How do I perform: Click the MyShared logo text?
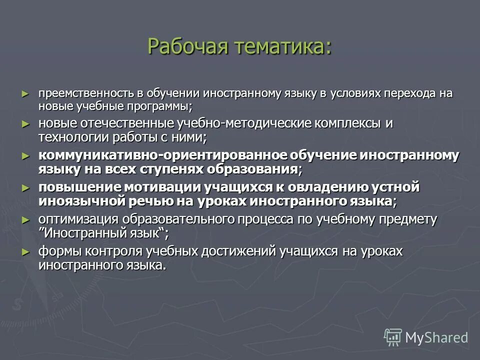click(436, 337)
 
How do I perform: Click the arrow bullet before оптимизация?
click(26, 220)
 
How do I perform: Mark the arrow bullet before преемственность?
click(26, 94)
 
